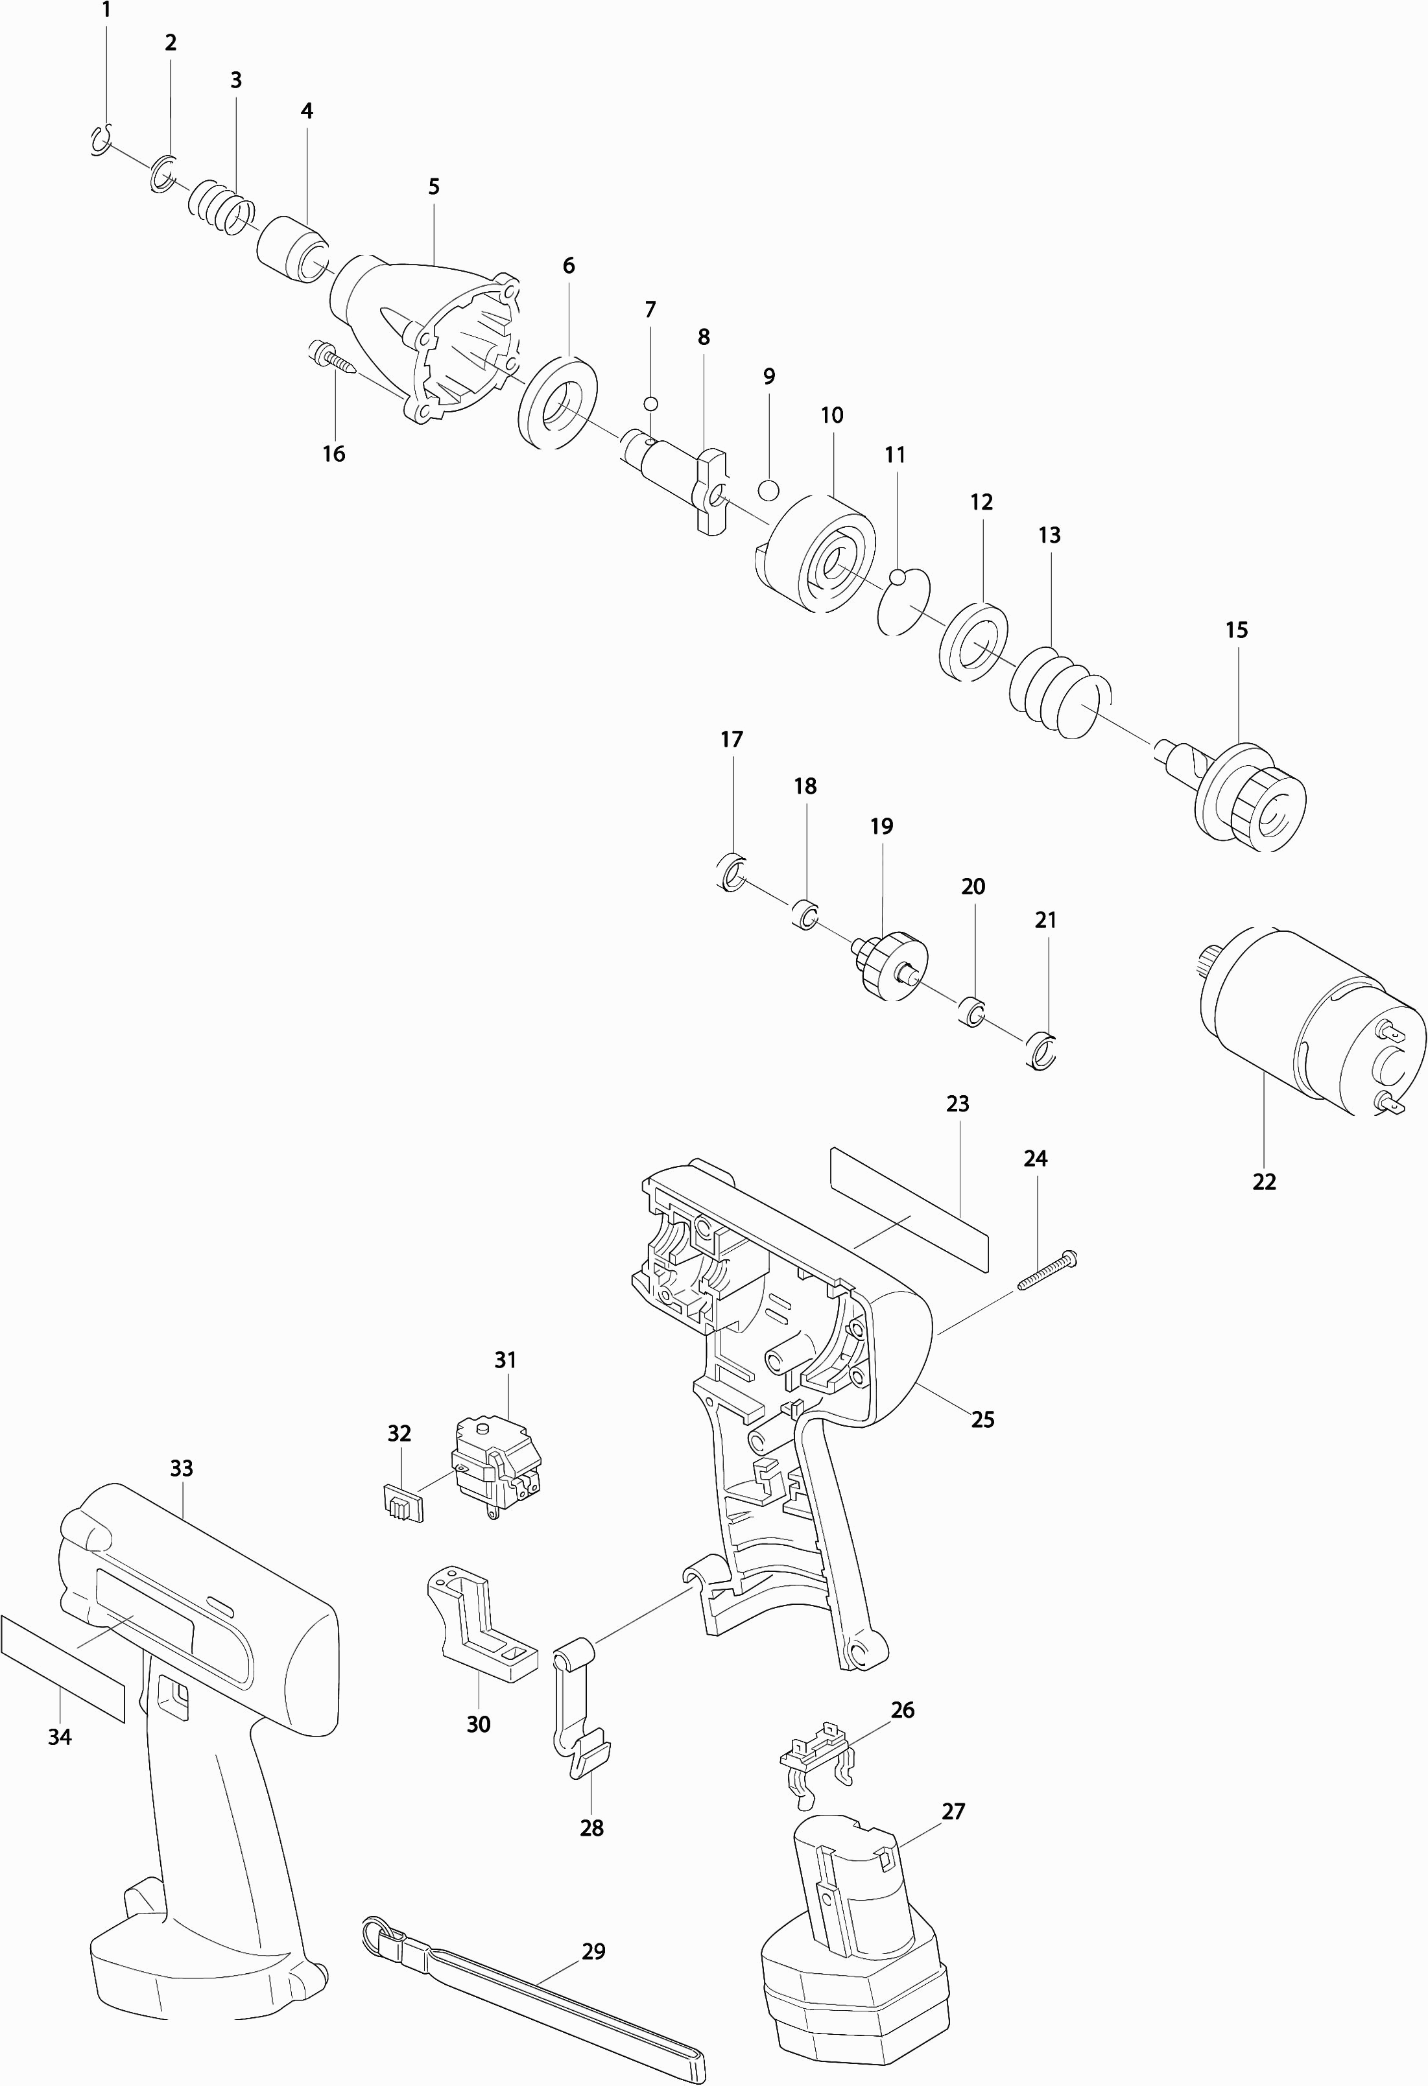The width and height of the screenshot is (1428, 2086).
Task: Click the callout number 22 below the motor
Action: click(x=1264, y=1182)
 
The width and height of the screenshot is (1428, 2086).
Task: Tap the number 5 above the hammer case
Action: click(x=434, y=187)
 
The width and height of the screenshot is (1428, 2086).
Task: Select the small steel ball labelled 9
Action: click(x=768, y=491)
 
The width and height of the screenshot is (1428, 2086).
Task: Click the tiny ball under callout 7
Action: click(x=650, y=403)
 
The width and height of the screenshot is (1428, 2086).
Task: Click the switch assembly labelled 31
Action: click(x=496, y=1469)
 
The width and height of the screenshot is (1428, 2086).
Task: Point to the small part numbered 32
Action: click(x=399, y=1502)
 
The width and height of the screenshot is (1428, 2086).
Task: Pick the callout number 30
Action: click(x=479, y=1724)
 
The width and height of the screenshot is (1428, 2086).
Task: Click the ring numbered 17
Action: click(x=732, y=872)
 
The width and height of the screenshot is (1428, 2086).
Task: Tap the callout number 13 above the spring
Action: click(x=1049, y=535)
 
